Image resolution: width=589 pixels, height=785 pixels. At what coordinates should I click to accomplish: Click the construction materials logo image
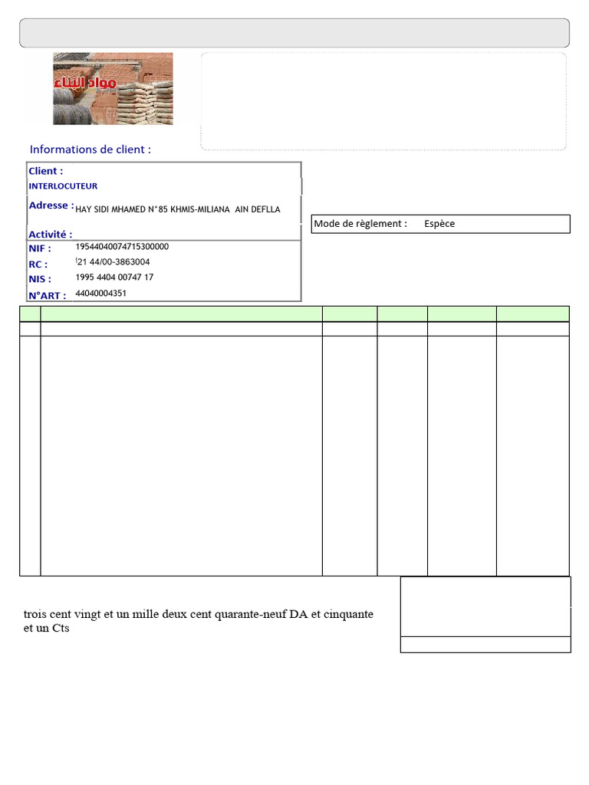[113, 88]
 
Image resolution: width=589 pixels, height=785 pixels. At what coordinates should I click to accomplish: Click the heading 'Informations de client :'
[90, 149]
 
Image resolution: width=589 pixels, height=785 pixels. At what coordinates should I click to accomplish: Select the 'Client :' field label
[46, 171]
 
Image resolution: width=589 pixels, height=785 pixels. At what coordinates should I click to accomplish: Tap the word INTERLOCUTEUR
[63, 186]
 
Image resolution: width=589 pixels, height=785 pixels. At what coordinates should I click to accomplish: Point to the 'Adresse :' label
[51, 205]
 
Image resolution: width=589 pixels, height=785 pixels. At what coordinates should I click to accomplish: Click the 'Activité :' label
[51, 235]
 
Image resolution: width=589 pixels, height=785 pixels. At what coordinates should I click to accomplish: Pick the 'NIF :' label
[40, 248]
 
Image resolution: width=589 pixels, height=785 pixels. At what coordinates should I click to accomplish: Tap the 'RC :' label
[38, 264]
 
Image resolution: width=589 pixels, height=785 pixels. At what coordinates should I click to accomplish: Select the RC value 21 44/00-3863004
[113, 262]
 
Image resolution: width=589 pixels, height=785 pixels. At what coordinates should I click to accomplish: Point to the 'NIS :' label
[40, 279]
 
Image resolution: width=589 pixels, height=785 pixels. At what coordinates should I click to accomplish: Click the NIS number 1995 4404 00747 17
[114, 278]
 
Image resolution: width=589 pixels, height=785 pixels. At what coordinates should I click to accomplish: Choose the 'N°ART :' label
[48, 295]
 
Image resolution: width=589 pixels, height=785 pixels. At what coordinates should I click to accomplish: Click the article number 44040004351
[101, 293]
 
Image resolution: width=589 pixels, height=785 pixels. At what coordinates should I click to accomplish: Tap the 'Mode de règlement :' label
[360, 224]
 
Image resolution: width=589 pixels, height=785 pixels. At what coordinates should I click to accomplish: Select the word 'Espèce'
[439, 224]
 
